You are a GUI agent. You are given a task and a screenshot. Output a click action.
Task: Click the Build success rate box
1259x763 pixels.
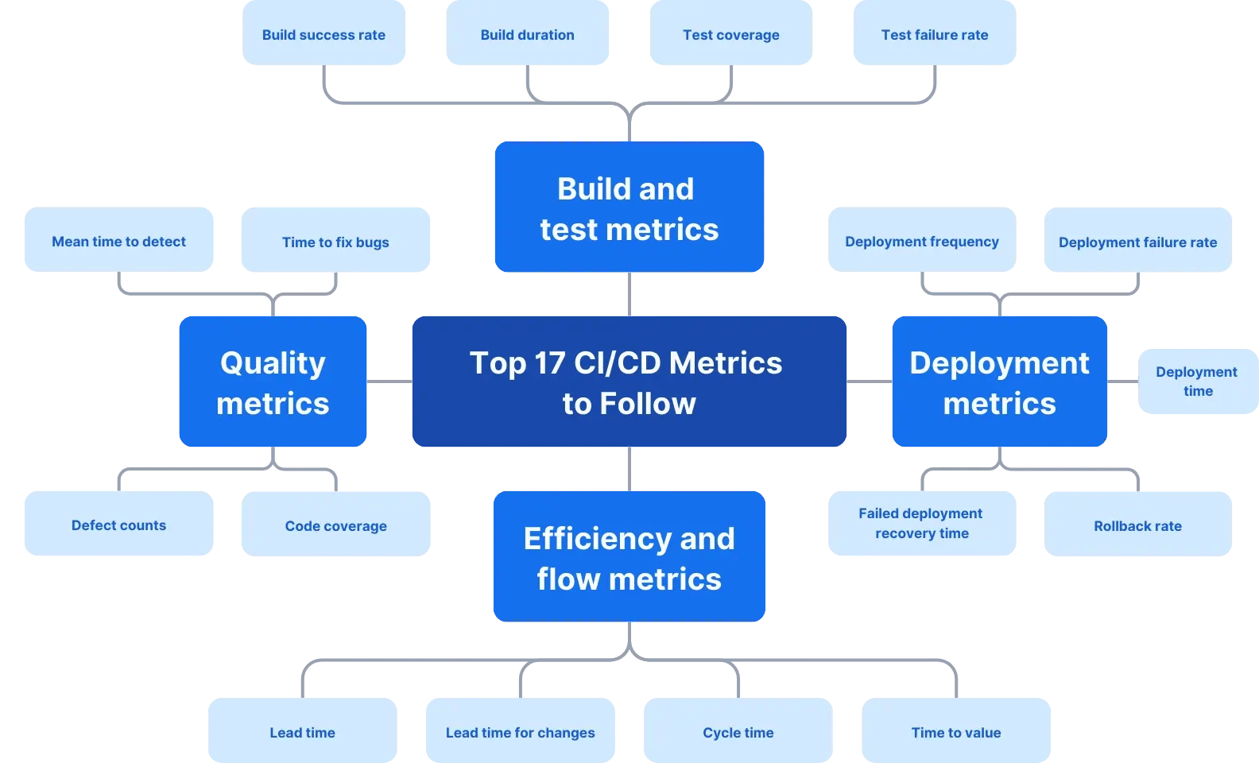click(x=323, y=34)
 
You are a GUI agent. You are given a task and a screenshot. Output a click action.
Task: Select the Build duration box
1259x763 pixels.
click(x=527, y=34)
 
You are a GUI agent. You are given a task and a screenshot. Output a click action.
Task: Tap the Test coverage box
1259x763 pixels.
click(x=730, y=34)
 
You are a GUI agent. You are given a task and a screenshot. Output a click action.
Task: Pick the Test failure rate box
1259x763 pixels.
click(x=934, y=34)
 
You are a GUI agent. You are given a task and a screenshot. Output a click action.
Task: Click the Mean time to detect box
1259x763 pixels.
click(x=118, y=241)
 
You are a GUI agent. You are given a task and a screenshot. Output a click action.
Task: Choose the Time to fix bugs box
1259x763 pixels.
click(x=335, y=242)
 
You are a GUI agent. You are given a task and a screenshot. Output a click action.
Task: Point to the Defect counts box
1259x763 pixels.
click(x=118, y=525)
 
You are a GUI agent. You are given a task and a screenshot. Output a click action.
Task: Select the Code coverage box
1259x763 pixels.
click(x=335, y=525)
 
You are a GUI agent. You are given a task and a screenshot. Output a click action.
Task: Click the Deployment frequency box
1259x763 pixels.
click(x=921, y=241)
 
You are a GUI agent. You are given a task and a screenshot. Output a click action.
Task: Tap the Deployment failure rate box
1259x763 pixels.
click(x=1137, y=242)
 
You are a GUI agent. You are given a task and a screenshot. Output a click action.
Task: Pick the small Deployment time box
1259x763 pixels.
click(x=1197, y=381)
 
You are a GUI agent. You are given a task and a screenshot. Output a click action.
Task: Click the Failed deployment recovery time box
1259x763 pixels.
click(x=921, y=523)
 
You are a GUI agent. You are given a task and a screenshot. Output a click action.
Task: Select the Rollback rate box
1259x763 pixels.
click(x=1137, y=525)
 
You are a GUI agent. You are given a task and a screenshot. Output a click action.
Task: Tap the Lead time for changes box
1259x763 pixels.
click(x=520, y=732)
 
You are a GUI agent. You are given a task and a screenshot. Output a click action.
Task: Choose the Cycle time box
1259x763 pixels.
click(x=738, y=732)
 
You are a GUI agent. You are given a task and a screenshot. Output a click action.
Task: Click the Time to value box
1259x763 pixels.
click(x=955, y=732)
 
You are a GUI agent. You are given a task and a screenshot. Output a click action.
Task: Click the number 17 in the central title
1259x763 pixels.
click(x=548, y=363)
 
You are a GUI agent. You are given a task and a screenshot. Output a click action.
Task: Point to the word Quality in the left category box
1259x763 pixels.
click(x=273, y=363)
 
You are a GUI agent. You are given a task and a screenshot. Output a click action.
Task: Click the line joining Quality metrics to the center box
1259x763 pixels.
click(x=389, y=381)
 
